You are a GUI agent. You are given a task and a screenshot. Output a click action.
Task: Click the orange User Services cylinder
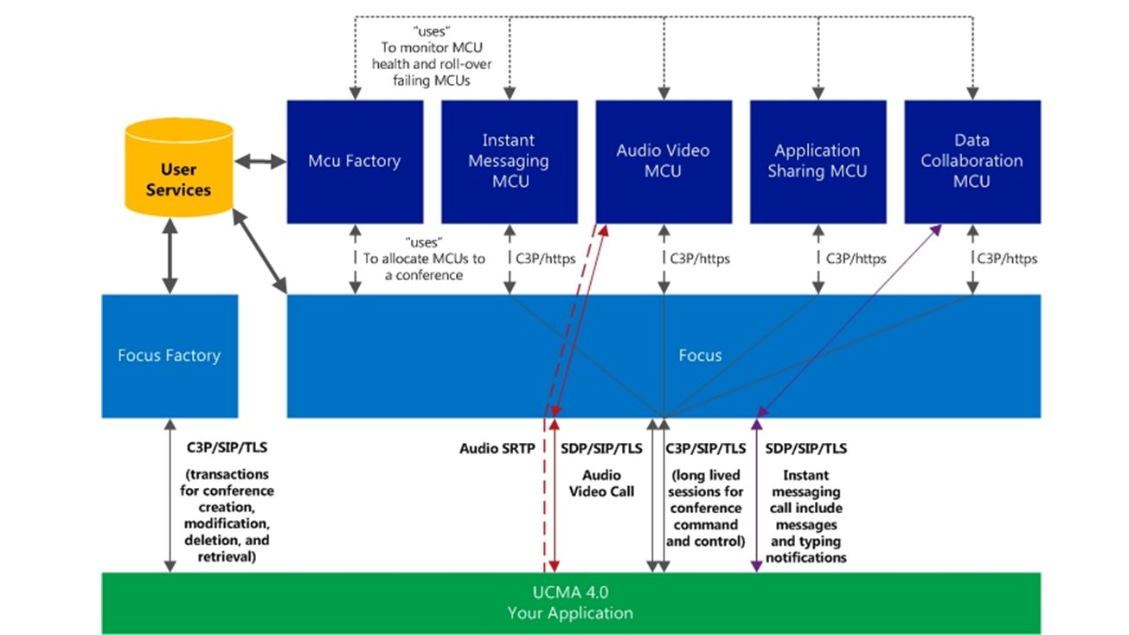pyautogui.click(x=179, y=167)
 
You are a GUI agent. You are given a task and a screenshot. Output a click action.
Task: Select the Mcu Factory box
pyautogui.click(x=355, y=162)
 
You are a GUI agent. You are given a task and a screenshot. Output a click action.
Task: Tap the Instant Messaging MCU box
pyautogui.click(x=510, y=162)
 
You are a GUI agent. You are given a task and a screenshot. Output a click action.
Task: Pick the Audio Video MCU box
pyautogui.click(x=664, y=162)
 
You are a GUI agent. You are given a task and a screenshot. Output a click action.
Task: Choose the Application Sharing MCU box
pyautogui.click(x=818, y=162)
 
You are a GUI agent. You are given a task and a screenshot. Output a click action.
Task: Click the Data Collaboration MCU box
pyautogui.click(x=972, y=162)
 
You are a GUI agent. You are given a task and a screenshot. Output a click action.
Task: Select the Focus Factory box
pyautogui.click(x=170, y=356)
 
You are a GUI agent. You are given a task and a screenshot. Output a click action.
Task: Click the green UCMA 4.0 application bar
pyautogui.click(x=571, y=603)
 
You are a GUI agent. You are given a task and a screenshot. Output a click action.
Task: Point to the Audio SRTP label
pyautogui.click(x=497, y=448)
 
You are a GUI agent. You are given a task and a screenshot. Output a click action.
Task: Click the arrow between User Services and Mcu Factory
pyautogui.click(x=260, y=162)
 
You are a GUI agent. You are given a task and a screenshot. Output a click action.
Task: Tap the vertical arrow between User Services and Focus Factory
pyautogui.click(x=170, y=256)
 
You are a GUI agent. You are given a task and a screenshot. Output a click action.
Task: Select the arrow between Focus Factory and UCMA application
pyautogui.click(x=170, y=496)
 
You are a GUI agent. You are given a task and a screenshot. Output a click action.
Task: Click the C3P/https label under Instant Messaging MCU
pyautogui.click(x=545, y=259)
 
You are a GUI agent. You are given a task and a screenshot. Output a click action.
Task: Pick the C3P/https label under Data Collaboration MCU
pyautogui.click(x=1007, y=259)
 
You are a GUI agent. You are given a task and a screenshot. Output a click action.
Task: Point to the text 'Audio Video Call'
pyautogui.click(x=601, y=484)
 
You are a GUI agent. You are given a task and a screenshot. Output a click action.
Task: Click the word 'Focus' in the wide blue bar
pyautogui.click(x=700, y=356)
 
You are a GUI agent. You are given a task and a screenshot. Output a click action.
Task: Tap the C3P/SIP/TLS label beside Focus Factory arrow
pyautogui.click(x=227, y=447)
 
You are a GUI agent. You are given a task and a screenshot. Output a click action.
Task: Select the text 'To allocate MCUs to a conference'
pyautogui.click(x=424, y=266)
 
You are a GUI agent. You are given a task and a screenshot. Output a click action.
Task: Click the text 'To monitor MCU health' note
pyautogui.click(x=432, y=64)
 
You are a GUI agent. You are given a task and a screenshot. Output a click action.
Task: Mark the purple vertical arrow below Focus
pyautogui.click(x=756, y=496)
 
